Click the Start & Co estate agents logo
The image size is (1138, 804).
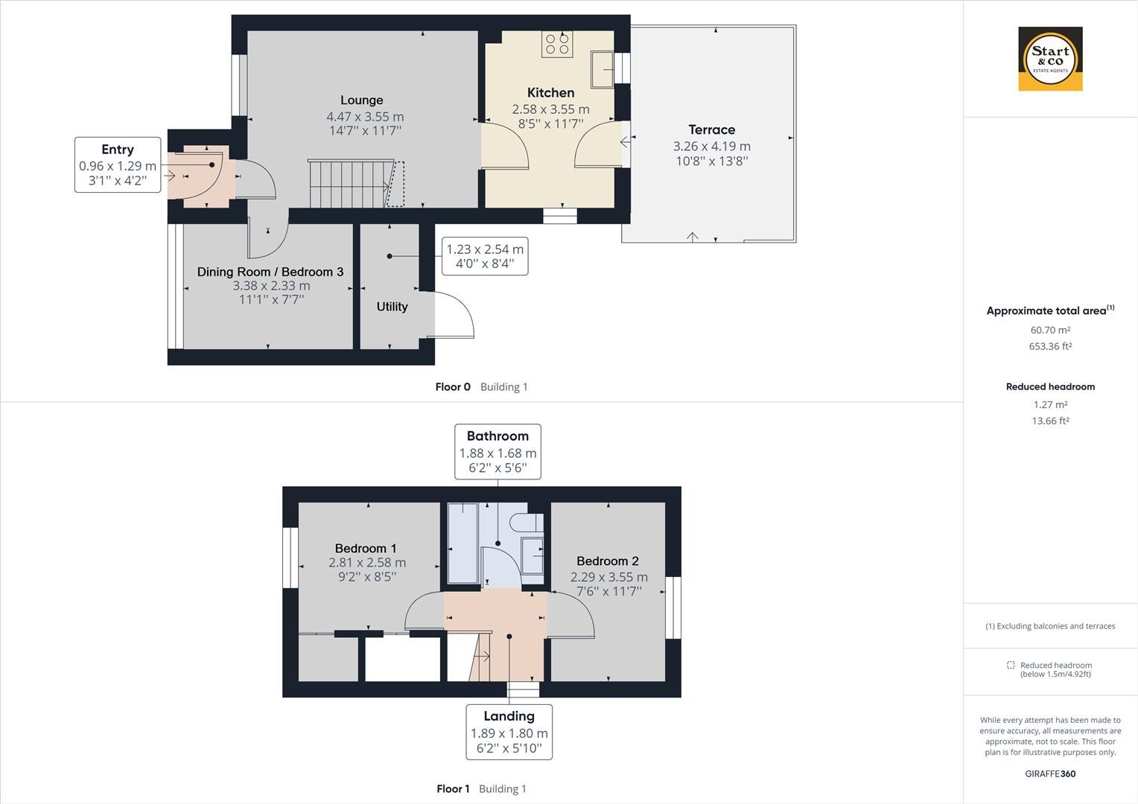pyautogui.click(x=1050, y=59)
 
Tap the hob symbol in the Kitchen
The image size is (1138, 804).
pyautogui.click(x=558, y=45)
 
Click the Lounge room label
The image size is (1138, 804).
pyautogui.click(x=362, y=100)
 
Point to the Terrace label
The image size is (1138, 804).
pyautogui.click(x=711, y=130)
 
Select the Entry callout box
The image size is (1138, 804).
pyautogui.click(x=118, y=165)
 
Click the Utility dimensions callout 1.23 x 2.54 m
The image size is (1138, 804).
pyautogui.click(x=485, y=256)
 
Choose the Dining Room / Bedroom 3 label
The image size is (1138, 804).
pyautogui.click(x=270, y=272)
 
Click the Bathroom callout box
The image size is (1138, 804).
pyautogui.click(x=498, y=452)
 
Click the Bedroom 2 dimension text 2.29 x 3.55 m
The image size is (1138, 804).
pyautogui.click(x=608, y=577)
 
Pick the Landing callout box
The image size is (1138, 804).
pyautogui.click(x=509, y=732)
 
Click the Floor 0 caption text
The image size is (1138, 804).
pyautogui.click(x=453, y=387)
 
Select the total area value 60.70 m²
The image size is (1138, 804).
pyautogui.click(x=1050, y=330)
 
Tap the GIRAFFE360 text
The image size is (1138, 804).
pyautogui.click(x=1050, y=773)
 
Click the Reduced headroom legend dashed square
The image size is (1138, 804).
pyautogui.click(x=1011, y=666)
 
